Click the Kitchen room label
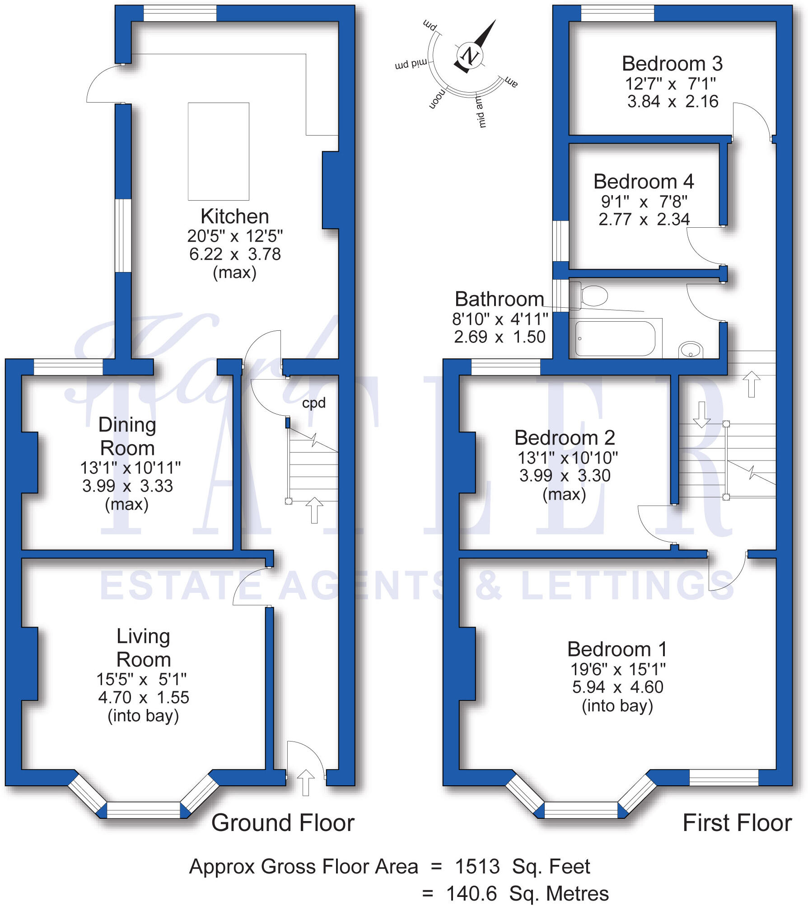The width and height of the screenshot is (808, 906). click(234, 216)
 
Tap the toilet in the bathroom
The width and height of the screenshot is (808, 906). click(591, 296)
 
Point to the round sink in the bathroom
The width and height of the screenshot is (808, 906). click(691, 350)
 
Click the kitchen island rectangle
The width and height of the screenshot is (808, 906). click(219, 151)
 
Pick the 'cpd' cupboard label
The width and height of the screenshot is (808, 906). click(313, 403)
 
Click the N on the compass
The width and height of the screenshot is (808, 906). click(470, 56)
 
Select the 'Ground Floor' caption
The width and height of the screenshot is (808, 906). click(283, 823)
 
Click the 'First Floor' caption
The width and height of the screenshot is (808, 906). click(737, 823)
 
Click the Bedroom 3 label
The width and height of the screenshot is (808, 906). click(672, 64)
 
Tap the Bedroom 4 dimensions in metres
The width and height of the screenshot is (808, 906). click(644, 220)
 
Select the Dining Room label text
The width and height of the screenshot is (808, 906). click(127, 437)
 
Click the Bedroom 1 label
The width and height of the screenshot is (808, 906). click(617, 649)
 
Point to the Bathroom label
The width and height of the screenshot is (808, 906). click(499, 299)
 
